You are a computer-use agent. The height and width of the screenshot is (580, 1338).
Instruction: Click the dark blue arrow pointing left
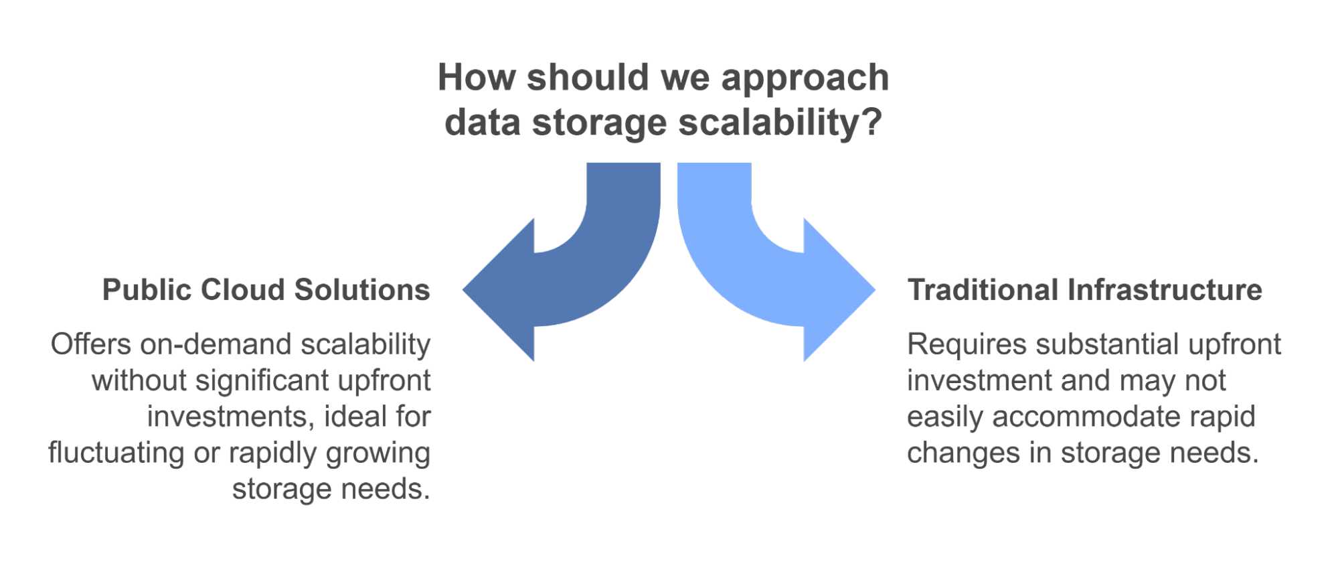[x=569, y=281]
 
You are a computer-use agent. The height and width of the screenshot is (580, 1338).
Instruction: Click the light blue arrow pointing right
[x=770, y=281]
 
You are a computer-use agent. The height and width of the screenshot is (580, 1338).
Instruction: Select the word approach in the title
[x=805, y=79]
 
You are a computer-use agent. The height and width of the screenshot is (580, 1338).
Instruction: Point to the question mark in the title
[x=871, y=122]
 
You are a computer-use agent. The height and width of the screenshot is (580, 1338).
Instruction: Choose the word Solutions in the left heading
[x=362, y=290]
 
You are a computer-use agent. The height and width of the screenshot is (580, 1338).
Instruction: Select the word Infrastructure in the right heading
[x=1165, y=290]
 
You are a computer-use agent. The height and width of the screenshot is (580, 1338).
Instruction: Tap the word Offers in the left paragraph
[x=91, y=344]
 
